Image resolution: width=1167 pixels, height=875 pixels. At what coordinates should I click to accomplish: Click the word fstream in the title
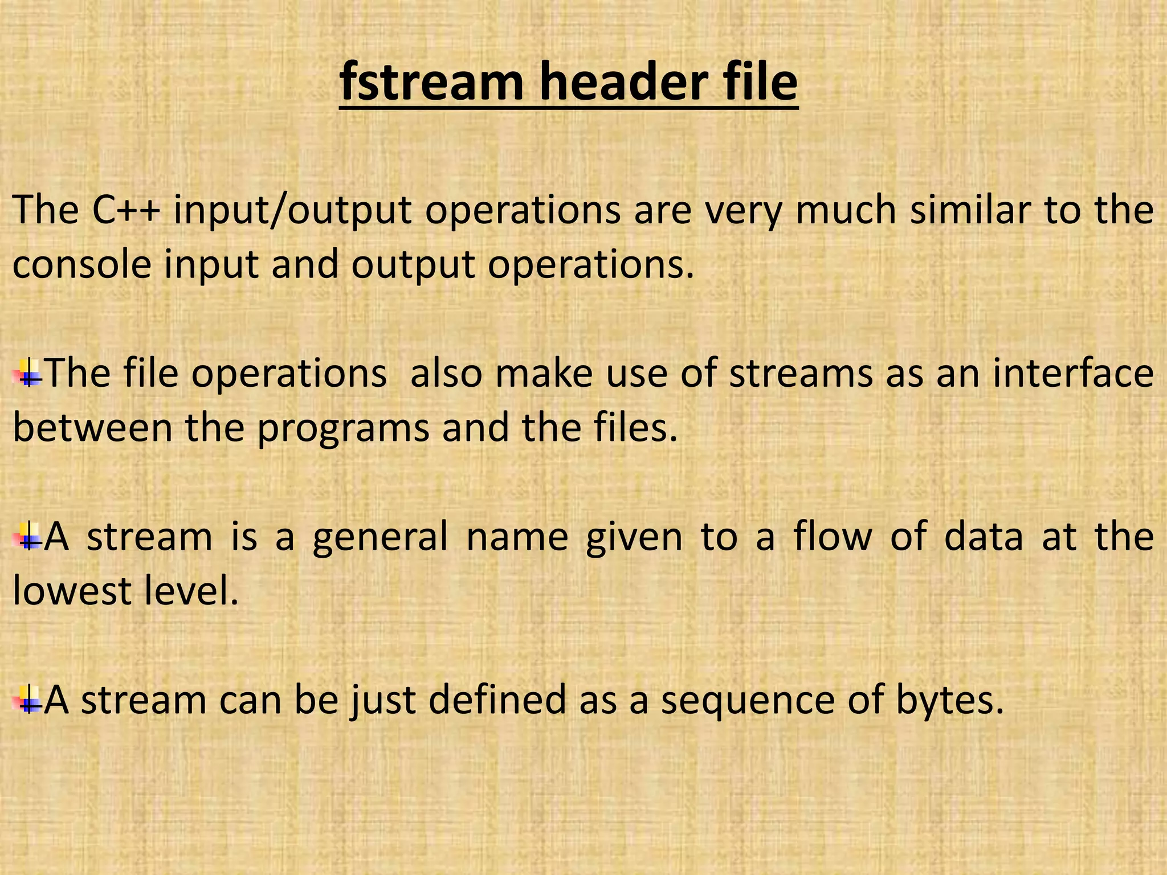(x=431, y=83)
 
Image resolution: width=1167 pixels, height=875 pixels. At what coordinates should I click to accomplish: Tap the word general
(x=380, y=538)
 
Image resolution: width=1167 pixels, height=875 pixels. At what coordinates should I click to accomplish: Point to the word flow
(x=833, y=537)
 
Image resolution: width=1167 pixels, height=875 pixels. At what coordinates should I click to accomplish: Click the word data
(x=984, y=537)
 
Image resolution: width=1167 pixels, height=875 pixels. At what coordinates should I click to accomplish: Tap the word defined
(x=497, y=700)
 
